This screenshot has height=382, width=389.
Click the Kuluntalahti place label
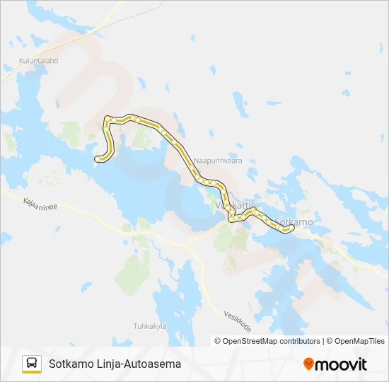[39, 60]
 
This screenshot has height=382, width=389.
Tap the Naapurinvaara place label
[218, 161]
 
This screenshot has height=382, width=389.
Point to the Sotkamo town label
[293, 221]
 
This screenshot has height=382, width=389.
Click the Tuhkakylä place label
[149, 325]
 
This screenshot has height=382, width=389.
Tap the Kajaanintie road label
[40, 207]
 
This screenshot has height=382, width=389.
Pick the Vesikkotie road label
[238, 323]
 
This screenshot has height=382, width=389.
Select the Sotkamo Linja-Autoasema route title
[115, 364]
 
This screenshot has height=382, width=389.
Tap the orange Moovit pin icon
[308, 364]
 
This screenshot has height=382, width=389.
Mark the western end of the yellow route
[96, 160]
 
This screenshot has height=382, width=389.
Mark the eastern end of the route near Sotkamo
[291, 226]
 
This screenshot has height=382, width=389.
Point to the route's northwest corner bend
[107, 118]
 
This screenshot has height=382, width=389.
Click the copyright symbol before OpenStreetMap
[218, 341]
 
